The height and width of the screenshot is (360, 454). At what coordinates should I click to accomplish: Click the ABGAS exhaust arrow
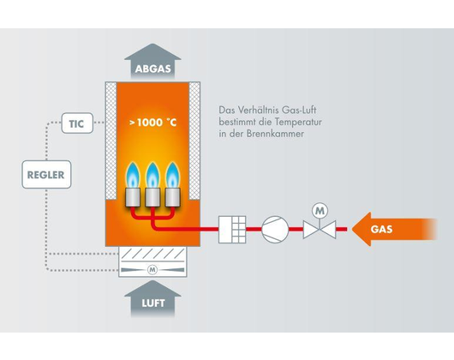152,62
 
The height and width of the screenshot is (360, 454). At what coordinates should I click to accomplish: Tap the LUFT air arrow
152,298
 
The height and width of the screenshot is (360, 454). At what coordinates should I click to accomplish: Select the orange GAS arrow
394,229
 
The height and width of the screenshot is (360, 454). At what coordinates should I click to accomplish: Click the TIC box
77,123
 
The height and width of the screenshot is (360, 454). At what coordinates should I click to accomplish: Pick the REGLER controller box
46,174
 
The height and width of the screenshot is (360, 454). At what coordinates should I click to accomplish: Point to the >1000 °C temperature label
152,123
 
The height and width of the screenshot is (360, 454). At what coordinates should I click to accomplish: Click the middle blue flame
152,175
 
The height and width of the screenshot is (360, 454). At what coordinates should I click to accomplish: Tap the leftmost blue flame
133,175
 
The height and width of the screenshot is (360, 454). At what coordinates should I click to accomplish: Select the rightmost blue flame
172,175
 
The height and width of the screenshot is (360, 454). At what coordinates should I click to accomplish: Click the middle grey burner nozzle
152,197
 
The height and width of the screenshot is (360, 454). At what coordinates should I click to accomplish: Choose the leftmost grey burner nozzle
133,197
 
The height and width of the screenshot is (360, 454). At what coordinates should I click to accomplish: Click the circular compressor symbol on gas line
275,229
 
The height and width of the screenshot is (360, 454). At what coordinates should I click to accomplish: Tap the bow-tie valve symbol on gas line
320,230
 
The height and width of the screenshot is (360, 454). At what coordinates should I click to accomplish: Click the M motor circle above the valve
320,211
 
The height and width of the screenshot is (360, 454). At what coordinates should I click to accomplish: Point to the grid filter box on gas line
232,230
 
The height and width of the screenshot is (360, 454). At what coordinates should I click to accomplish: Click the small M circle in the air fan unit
152,270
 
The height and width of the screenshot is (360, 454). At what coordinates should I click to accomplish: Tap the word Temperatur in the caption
298,122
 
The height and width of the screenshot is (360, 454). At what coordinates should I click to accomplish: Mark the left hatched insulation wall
111,141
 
